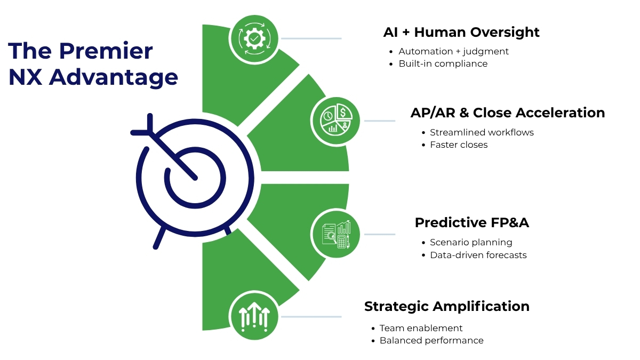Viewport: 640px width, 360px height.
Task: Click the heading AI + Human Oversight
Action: (x=461, y=32)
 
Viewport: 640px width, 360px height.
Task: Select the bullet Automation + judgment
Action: (x=453, y=51)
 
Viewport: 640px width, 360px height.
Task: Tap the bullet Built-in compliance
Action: (x=443, y=63)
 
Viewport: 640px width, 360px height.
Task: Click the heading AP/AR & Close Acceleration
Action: (x=507, y=113)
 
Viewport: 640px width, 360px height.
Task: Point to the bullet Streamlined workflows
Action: (x=482, y=132)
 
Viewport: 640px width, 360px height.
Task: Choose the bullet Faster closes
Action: (x=459, y=145)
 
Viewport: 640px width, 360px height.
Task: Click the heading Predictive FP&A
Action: (x=471, y=222)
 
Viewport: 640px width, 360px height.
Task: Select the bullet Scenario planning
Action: (x=471, y=242)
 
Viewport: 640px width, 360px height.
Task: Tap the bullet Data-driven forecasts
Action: (x=478, y=255)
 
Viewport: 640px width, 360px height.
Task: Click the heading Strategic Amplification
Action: (x=446, y=306)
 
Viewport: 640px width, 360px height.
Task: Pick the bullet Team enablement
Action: (x=421, y=328)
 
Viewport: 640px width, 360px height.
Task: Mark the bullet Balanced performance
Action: (x=431, y=340)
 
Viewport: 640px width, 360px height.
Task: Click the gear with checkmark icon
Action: (x=254, y=38)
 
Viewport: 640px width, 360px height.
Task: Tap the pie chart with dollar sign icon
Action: (x=335, y=121)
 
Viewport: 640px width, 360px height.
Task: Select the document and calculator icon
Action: (x=335, y=234)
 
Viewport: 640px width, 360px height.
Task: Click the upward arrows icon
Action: (x=254, y=316)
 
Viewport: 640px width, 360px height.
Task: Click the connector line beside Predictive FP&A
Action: (x=379, y=234)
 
